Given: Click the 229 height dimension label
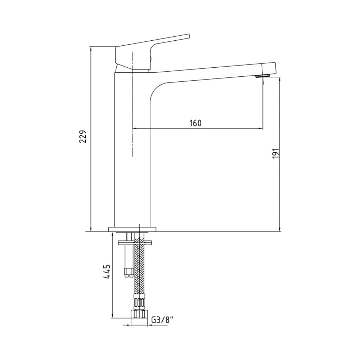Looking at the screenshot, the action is click(x=83, y=136).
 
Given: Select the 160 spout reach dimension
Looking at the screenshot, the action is click(x=195, y=123).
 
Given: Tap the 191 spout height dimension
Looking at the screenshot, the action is click(x=276, y=153).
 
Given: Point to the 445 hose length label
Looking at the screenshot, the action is click(x=107, y=271).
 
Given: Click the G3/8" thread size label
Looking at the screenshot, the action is click(x=163, y=320).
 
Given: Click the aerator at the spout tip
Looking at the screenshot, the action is click(x=263, y=76).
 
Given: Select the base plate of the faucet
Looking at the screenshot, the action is click(x=132, y=229).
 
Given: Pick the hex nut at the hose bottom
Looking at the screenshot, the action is click(x=139, y=314).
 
